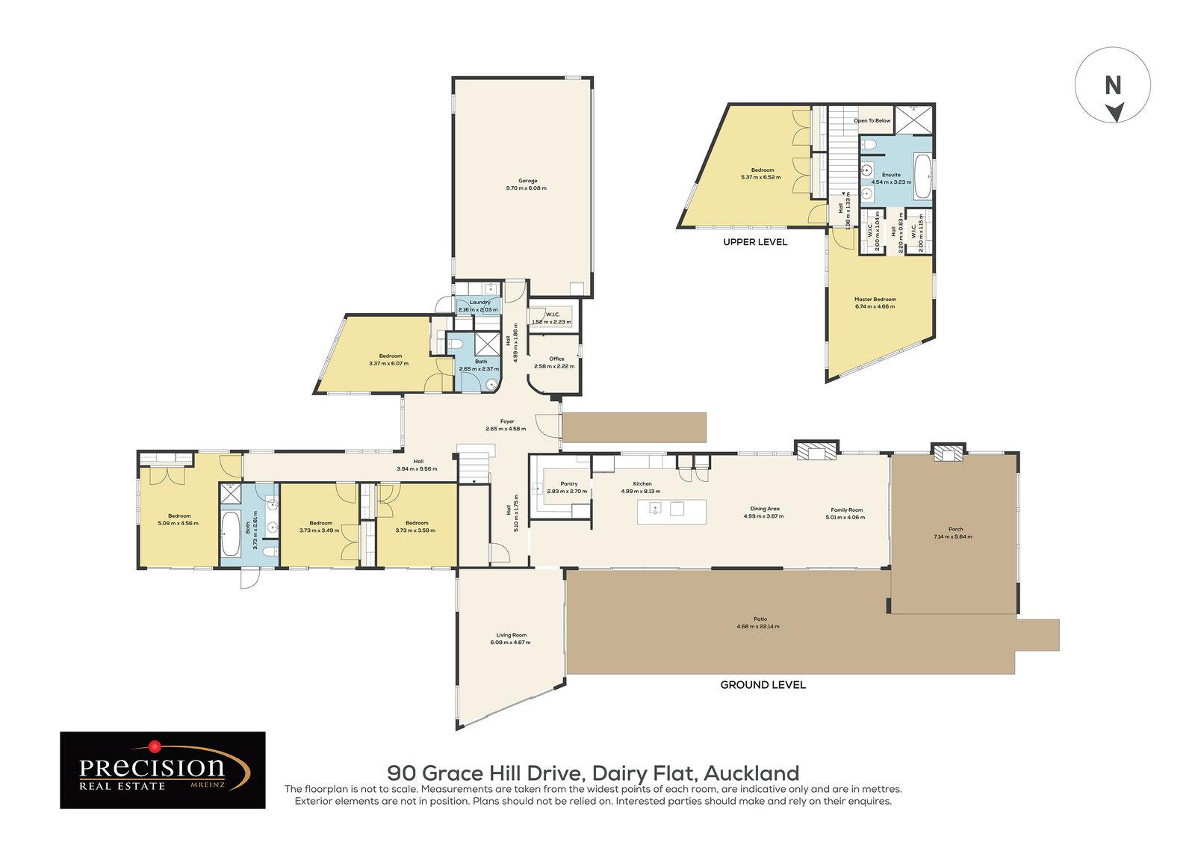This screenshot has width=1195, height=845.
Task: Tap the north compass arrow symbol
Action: tap(1114, 113)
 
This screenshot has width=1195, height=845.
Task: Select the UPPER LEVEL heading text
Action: tap(754, 242)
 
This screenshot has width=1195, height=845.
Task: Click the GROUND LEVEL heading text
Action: tap(762, 684)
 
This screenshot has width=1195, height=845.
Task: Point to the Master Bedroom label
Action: tap(875, 299)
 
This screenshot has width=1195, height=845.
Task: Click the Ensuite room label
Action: tap(891, 175)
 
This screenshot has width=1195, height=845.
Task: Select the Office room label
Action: tap(556, 359)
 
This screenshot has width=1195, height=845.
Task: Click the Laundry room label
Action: tap(479, 303)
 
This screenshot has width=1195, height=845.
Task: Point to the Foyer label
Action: tap(507, 421)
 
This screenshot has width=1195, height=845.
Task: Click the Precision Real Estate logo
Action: tap(163, 770)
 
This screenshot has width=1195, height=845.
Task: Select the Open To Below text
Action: tap(872, 120)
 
